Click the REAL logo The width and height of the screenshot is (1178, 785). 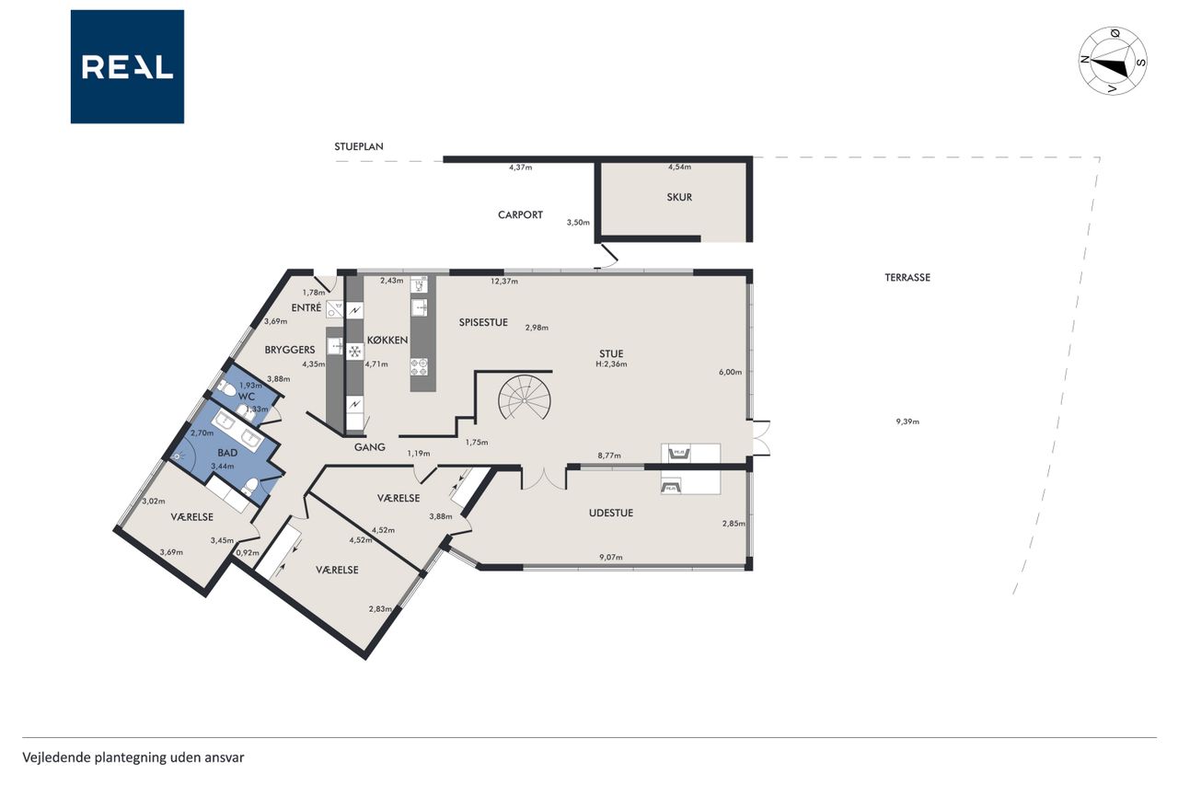[x=127, y=67]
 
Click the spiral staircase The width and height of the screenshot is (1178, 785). [x=525, y=397]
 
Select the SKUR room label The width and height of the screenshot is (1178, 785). [x=679, y=197]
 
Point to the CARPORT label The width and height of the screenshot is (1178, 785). [x=520, y=215]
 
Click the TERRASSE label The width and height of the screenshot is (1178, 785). [x=907, y=278]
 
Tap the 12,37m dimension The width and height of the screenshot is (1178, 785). [x=504, y=282]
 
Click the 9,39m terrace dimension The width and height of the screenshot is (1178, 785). [x=907, y=421]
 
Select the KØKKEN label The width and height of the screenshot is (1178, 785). [x=387, y=341]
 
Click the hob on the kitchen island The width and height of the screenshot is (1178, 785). [x=419, y=367]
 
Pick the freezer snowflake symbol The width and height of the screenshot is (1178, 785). [x=355, y=352]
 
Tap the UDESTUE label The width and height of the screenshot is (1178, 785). [x=610, y=513]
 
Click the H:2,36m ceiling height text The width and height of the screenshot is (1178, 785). [x=611, y=364]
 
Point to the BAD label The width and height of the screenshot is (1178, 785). [x=227, y=453]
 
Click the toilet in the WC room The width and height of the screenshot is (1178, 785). [x=227, y=388]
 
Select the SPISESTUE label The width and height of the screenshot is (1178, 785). [x=483, y=322]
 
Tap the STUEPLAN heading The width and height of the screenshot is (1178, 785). [x=359, y=146]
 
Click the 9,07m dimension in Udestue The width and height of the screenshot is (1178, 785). [x=610, y=558]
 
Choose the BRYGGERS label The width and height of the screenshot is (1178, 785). [x=290, y=350]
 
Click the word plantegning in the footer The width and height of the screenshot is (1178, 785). [x=130, y=757]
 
